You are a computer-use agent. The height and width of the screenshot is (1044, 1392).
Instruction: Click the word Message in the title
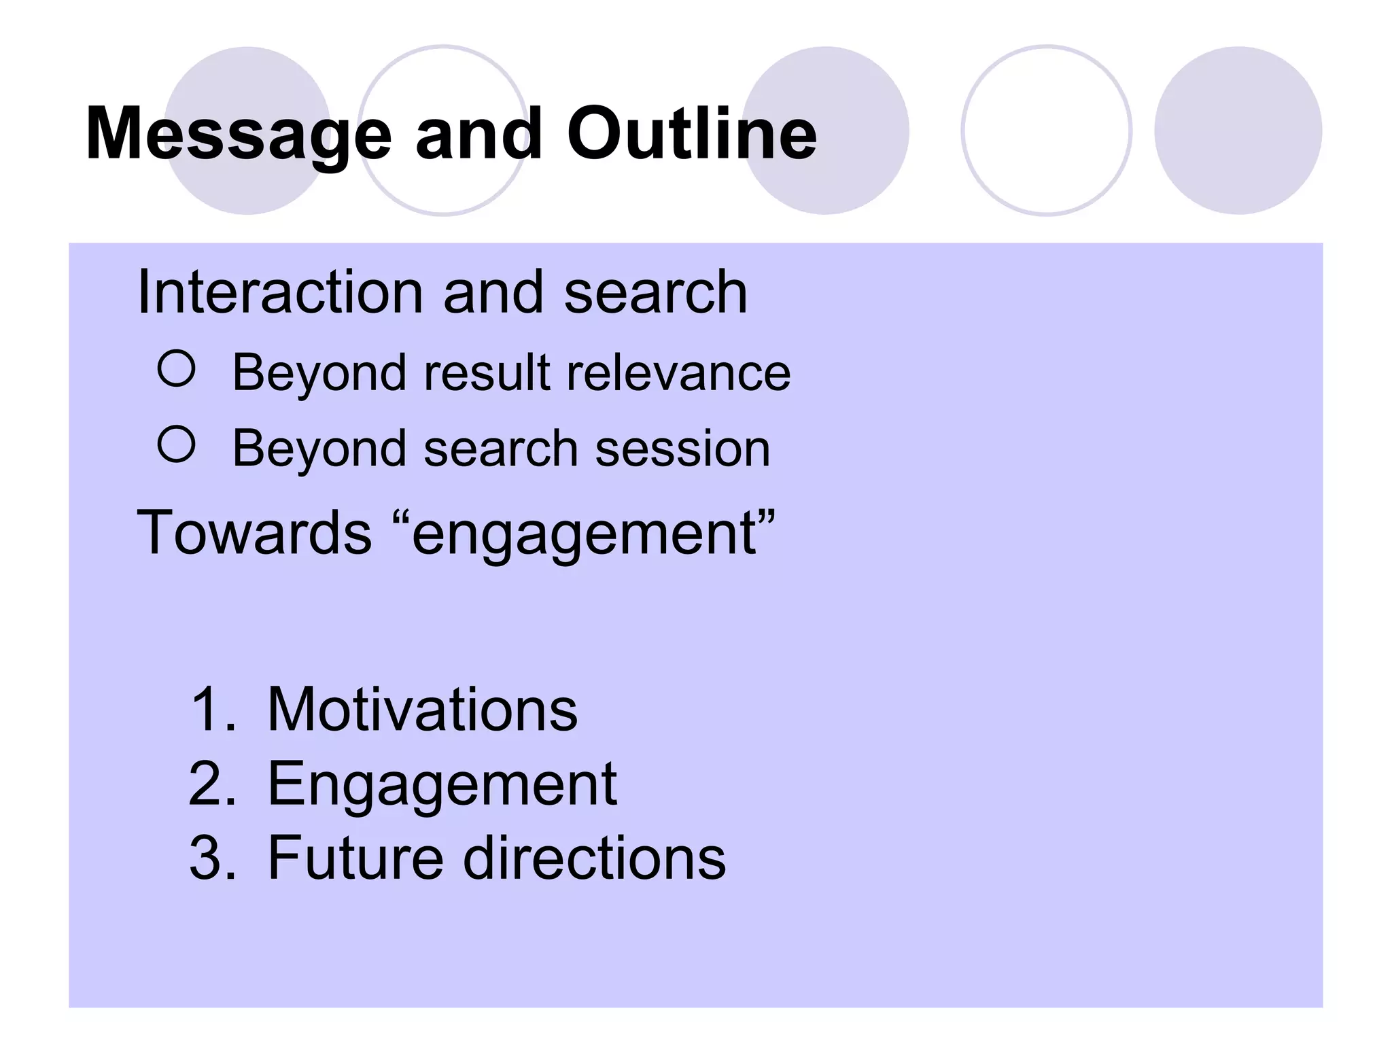[x=239, y=135]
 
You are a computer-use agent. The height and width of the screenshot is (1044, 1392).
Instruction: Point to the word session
[x=682, y=449]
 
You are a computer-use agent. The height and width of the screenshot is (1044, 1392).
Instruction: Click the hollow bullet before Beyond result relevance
[x=177, y=369]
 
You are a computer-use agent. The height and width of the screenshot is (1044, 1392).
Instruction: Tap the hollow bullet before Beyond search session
[x=177, y=445]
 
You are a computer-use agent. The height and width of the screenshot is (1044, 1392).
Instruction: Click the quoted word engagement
[x=585, y=534]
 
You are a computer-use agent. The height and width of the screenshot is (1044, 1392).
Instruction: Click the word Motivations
[x=422, y=710]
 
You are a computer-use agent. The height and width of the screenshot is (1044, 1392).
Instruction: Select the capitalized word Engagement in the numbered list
[x=442, y=785]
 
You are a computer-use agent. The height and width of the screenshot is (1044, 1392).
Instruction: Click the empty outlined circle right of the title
[x=1046, y=130]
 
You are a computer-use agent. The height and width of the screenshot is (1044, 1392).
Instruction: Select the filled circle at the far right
[x=1238, y=130]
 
